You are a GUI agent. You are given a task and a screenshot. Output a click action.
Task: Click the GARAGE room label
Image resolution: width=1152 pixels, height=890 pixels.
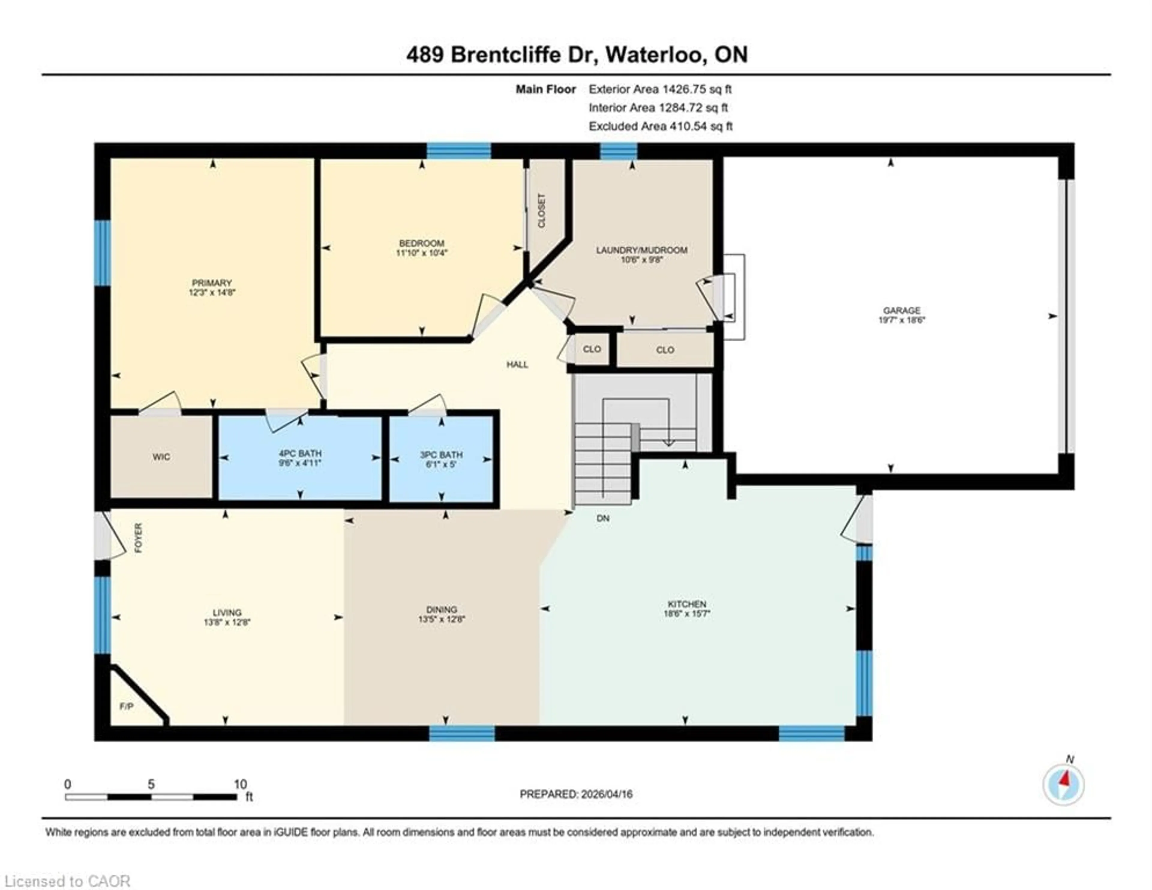(902, 310)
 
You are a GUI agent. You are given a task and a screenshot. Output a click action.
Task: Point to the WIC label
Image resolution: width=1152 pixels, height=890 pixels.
(161, 457)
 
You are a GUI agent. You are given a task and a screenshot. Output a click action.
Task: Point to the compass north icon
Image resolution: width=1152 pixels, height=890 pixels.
(1063, 784)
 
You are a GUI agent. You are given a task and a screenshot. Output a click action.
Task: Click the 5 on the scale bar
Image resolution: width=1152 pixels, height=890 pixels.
(151, 784)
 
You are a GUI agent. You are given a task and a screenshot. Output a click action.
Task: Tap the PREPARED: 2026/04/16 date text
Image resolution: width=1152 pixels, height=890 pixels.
(576, 794)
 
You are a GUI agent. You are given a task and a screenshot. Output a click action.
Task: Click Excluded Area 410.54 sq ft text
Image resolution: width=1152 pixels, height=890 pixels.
(660, 126)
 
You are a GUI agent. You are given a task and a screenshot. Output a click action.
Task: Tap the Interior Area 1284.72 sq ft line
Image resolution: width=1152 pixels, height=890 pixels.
(658, 108)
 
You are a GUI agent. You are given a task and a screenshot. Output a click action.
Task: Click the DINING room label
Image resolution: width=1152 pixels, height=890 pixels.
(442, 609)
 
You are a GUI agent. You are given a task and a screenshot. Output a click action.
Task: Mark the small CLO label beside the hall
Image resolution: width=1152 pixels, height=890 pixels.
(592, 349)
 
